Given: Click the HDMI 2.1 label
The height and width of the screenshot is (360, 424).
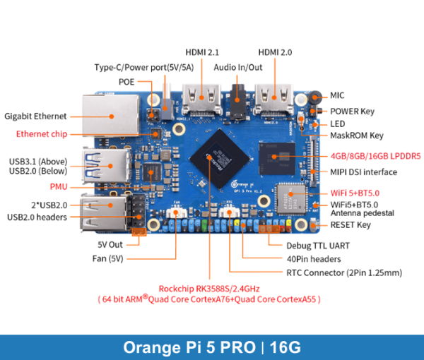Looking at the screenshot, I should [x=204, y=52].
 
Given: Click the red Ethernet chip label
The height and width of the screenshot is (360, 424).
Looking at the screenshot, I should [x=41, y=133].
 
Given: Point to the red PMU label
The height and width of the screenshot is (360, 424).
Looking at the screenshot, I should [x=59, y=187].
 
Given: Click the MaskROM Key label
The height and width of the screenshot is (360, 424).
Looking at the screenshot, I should [x=357, y=135].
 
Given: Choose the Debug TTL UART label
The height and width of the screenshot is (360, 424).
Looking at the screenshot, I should [x=318, y=246].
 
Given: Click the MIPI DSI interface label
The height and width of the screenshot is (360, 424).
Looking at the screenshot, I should [x=363, y=172].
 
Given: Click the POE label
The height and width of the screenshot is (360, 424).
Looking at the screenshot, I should [x=127, y=81].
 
